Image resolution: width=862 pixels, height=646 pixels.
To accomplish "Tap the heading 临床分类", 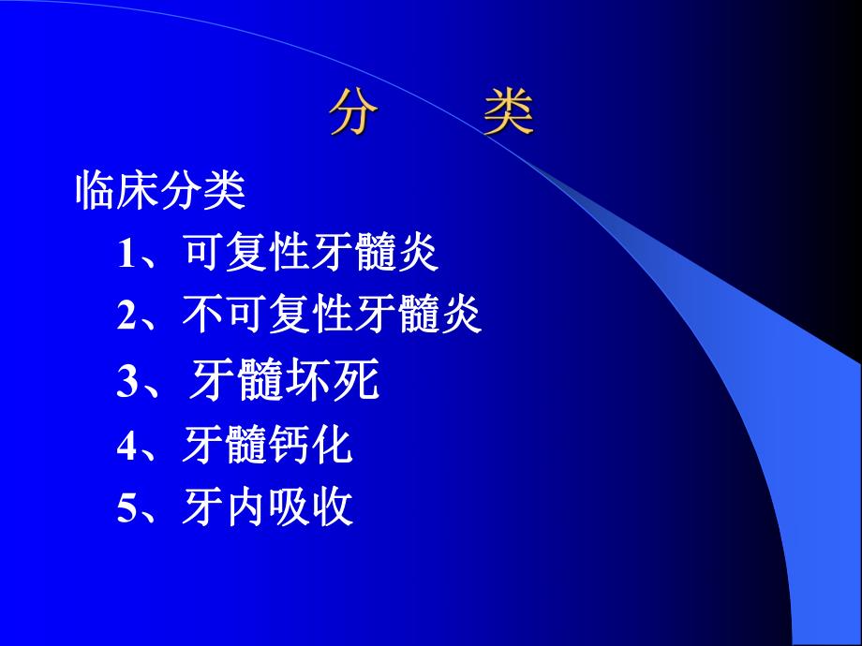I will tap(160, 192).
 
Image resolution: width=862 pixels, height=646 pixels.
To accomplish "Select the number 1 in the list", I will tap(126, 256).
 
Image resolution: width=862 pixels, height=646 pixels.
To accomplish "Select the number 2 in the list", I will tap(126, 318).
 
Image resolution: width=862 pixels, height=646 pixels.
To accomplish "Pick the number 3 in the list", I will tap(126, 384).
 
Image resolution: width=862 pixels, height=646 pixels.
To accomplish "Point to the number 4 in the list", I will tap(126, 447).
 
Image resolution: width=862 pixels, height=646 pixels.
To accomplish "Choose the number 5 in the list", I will tap(126, 509).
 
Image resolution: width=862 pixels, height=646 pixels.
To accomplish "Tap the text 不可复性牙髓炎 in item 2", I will tap(334, 317).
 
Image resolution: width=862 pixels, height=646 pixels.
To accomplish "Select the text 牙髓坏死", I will tap(284, 383).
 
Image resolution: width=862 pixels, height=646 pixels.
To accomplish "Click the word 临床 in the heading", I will tap(117, 192).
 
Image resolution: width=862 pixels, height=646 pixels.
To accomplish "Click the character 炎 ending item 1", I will tap(418, 254).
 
